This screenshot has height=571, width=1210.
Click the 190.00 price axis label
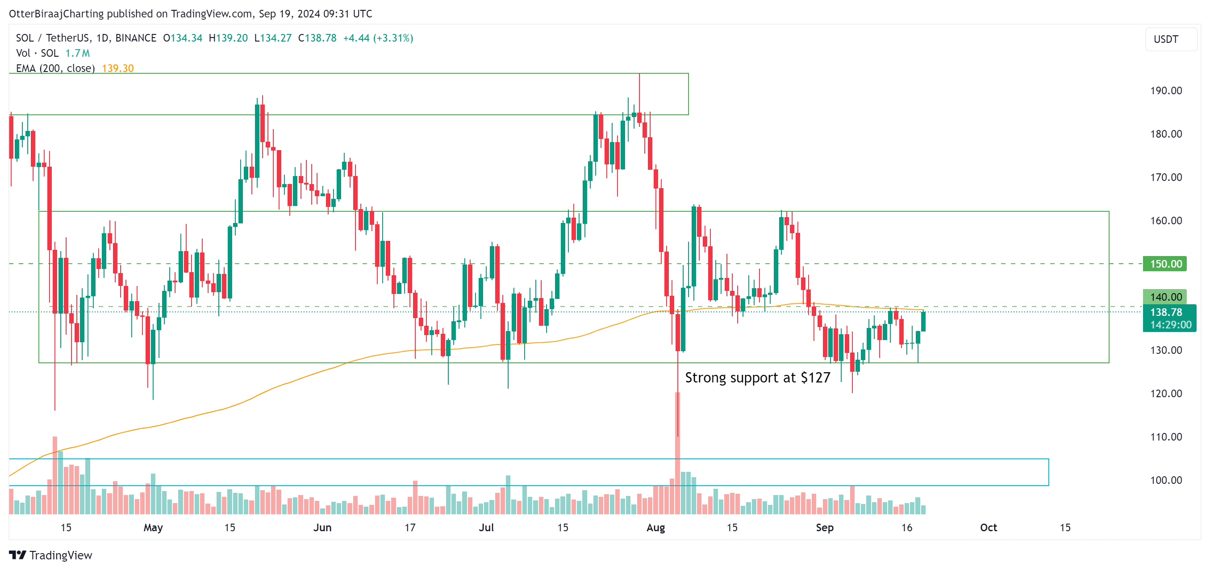[x=1165, y=91]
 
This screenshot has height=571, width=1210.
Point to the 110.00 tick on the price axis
[x=1165, y=437]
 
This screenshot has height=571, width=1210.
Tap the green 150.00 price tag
[x=1164, y=264]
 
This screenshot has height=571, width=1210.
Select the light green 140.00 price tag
[x=1164, y=297]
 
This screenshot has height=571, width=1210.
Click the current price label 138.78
[x=1166, y=312]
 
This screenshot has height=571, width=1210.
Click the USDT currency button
[x=1166, y=39]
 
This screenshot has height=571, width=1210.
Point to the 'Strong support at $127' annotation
[x=757, y=378]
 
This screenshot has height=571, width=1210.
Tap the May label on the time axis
[x=153, y=527]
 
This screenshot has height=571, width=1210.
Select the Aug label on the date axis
[x=655, y=527]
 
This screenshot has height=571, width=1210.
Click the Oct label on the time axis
[x=988, y=527]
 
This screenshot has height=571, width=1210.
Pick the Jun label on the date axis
[x=322, y=527]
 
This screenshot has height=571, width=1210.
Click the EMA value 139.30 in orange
[x=118, y=69]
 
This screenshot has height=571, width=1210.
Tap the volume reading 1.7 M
[x=78, y=53]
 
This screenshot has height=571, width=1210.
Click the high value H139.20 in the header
[x=228, y=38]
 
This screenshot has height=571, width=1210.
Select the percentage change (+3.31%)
[x=393, y=38]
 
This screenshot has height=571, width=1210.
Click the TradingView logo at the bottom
[x=51, y=555]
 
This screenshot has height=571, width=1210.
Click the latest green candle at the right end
[x=923, y=321]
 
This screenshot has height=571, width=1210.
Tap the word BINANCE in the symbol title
[x=136, y=38]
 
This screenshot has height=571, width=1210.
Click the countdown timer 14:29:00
[x=1170, y=325]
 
